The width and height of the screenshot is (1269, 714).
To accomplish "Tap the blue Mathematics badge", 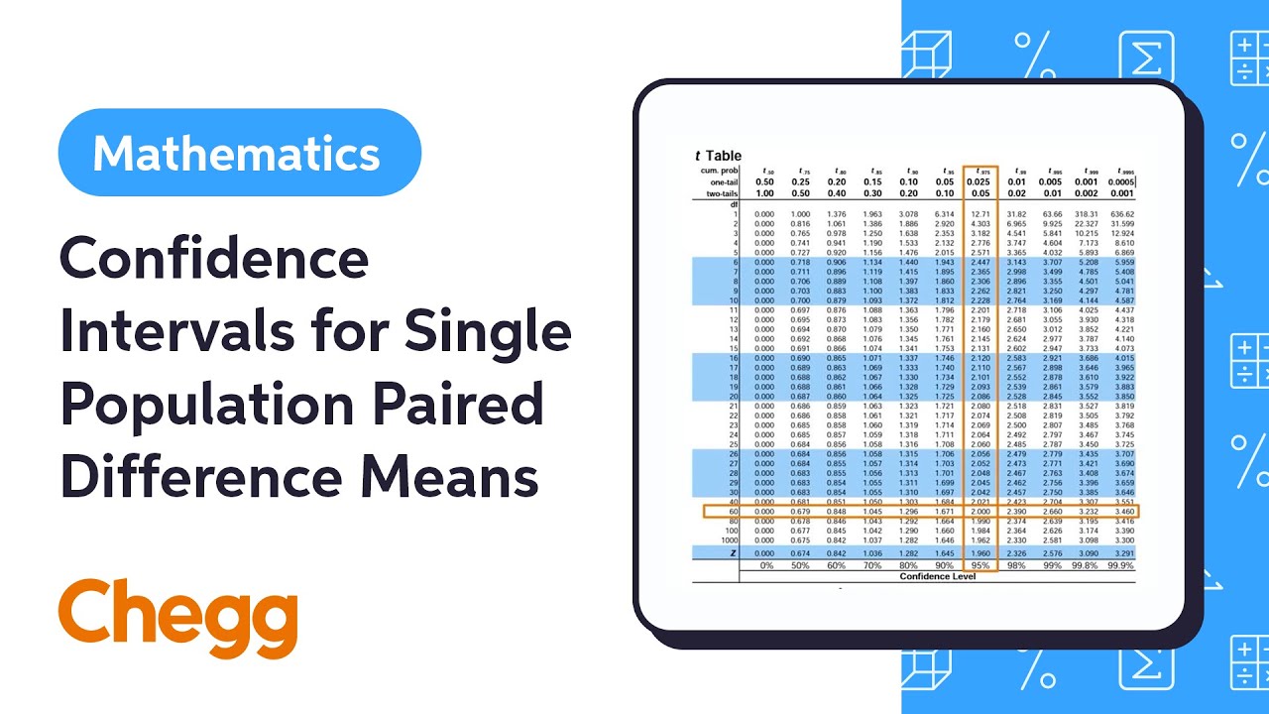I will point(239,153).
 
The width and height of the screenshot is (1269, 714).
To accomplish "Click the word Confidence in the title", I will point(213,261).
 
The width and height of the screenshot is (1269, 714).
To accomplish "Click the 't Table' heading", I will point(718,156).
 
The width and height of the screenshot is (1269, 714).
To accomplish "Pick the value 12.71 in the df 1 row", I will point(981,214).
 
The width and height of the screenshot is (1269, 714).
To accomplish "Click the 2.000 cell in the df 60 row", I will point(981,512).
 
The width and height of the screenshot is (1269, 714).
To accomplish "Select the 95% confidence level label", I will point(981,565).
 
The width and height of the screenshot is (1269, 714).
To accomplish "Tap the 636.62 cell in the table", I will point(1122,214).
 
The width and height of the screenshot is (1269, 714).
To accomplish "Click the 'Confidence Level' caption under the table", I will point(937,576).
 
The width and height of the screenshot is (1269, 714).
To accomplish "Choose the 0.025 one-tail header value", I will point(981,182).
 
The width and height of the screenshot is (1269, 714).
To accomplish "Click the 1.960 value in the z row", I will point(981,552).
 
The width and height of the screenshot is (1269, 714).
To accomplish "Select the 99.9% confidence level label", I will point(1120,565).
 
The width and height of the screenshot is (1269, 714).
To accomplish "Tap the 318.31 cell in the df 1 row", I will point(1087,214).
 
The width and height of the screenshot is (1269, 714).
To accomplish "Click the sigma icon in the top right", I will point(1147,57).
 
